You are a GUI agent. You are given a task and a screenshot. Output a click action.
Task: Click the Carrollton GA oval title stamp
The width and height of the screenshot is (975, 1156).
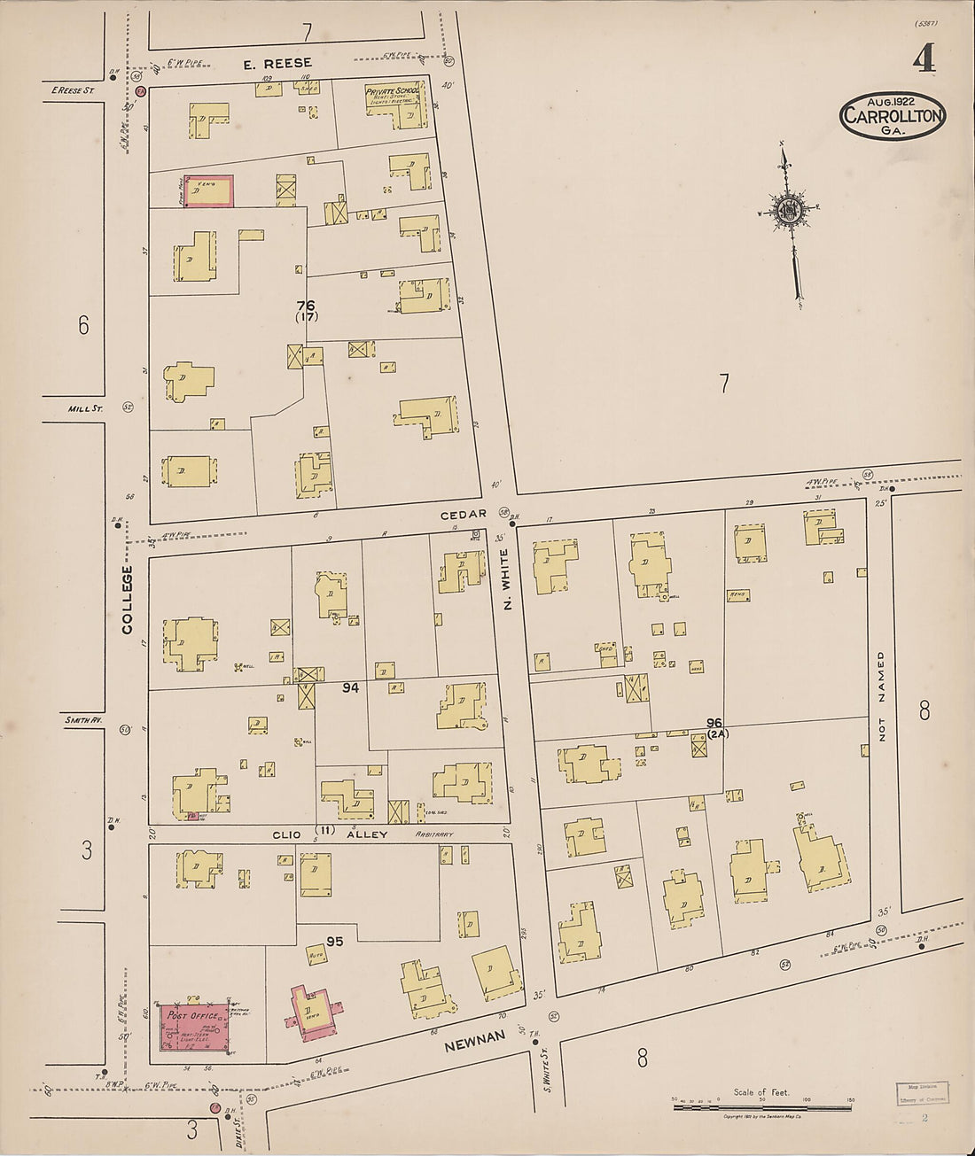point(893,115)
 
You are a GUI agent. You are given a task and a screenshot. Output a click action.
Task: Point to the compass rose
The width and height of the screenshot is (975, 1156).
point(788,210)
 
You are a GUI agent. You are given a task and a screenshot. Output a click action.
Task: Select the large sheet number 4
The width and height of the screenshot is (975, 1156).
point(924,58)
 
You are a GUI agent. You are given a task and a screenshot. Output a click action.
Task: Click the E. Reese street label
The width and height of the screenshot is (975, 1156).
point(278,63)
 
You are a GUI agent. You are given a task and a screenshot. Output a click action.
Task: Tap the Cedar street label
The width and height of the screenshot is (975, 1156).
point(464,514)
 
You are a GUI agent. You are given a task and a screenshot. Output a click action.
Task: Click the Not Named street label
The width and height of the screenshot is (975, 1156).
point(882,695)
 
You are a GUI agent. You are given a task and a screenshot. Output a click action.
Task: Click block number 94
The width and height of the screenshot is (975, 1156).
point(350,687)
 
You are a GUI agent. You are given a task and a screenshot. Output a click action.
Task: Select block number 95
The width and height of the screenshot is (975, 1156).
point(334,941)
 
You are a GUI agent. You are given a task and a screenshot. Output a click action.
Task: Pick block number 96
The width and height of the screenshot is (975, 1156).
point(714,723)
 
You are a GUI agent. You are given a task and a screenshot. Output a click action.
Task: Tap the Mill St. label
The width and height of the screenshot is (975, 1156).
point(85,409)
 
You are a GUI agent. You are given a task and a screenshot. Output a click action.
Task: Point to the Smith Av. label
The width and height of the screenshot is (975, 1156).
point(84,721)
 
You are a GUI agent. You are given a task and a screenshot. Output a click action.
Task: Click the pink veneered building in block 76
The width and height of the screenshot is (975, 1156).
point(209,190)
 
